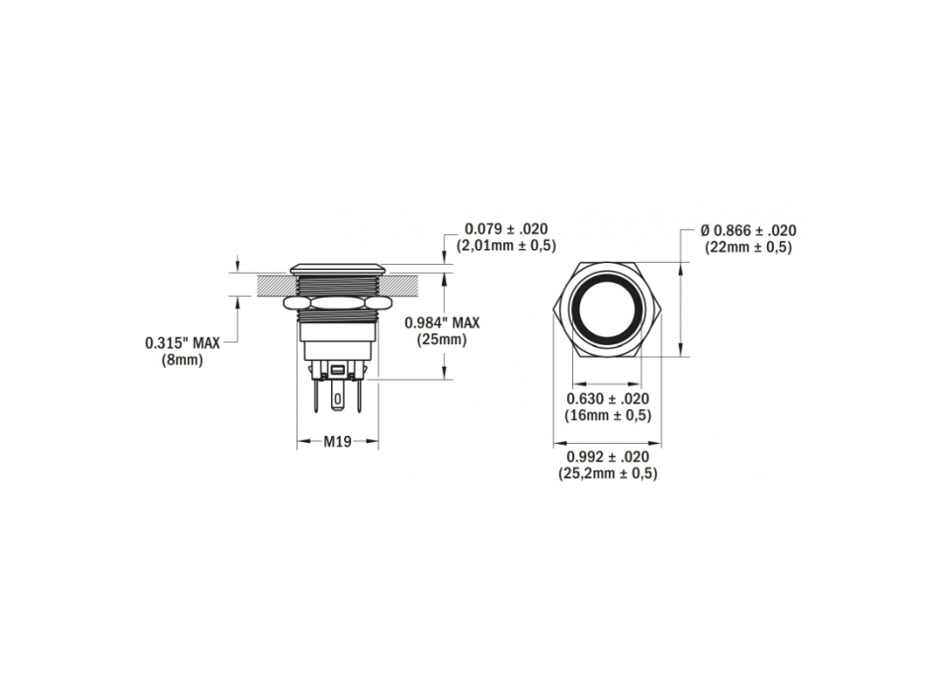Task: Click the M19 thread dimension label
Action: pos(337,442)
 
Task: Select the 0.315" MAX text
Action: pos(183,343)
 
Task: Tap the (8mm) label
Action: pos(183,360)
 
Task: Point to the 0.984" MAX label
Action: pos(442,322)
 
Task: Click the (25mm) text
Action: pos(442,340)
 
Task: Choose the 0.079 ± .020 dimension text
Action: pos(506,229)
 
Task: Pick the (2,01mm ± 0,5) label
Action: pos(506,245)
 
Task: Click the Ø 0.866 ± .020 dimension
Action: pos(748,230)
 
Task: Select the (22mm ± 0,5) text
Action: pos(748,247)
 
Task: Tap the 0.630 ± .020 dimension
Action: pos(608,398)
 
